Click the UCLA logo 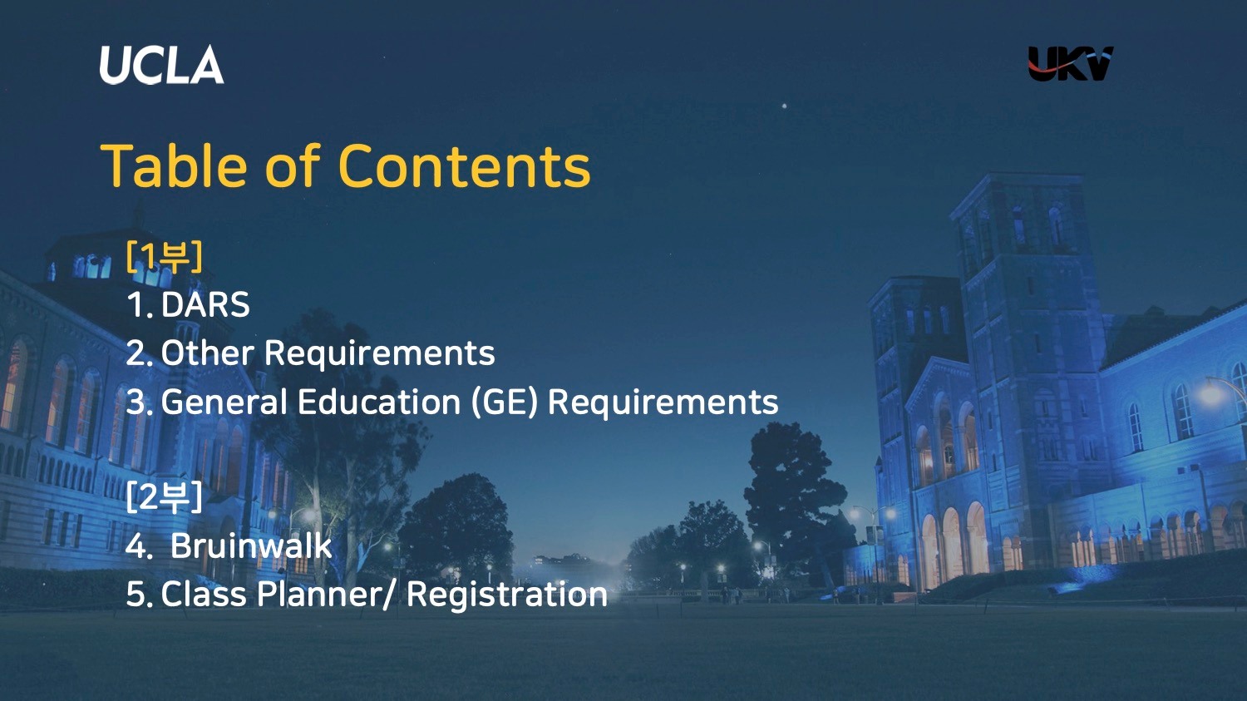point(161,65)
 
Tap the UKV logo point(1070,63)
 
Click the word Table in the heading point(173,165)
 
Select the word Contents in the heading point(464,165)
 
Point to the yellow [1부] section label point(165,257)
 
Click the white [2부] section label point(165,497)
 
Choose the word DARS point(205,304)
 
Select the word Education point(379,402)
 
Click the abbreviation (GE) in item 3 point(505,402)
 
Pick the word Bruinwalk point(250,545)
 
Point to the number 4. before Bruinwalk point(139,546)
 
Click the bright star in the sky point(785,106)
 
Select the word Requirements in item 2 point(379,353)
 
